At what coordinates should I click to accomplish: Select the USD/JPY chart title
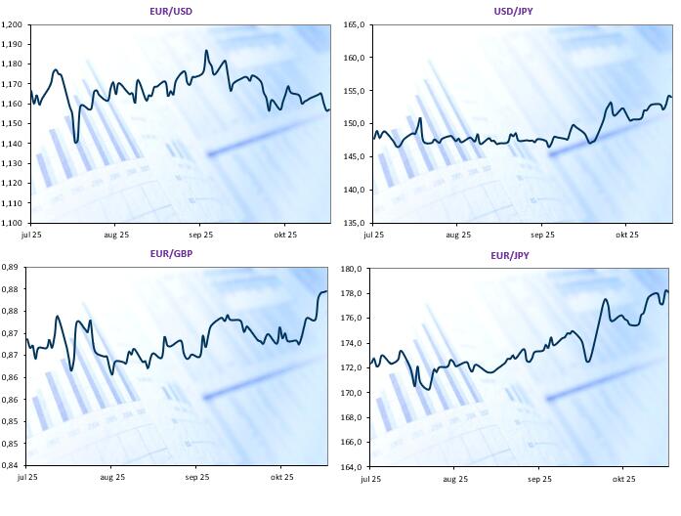tap(513, 11)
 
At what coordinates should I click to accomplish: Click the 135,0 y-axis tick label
tap(353, 222)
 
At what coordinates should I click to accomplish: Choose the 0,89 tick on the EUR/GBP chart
tap(11, 267)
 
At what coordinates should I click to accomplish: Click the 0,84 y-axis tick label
tap(11, 465)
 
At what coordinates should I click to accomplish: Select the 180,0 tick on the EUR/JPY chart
tap(352, 269)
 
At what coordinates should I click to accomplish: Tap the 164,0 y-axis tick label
tap(352, 466)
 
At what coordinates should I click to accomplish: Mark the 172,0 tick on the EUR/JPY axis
tap(352, 367)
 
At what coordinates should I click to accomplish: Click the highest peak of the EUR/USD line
tap(206, 51)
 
